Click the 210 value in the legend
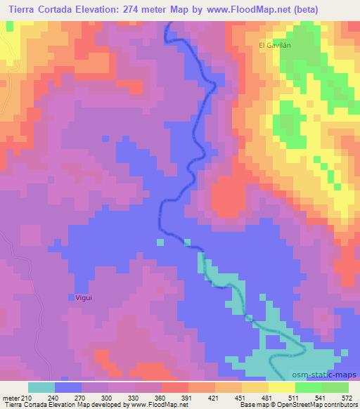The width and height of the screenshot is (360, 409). (x=27, y=397)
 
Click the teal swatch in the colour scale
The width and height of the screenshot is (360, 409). (x=41, y=387)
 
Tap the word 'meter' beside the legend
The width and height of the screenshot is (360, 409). (x=11, y=397)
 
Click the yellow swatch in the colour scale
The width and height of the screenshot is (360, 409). (x=282, y=387)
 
